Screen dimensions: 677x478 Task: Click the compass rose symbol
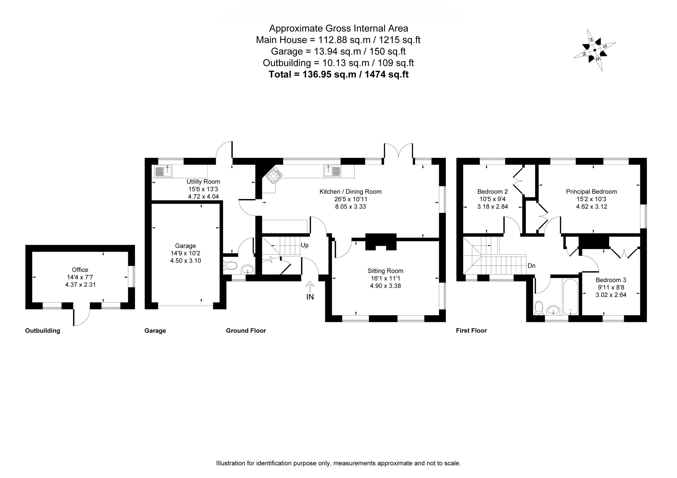[x=594, y=50]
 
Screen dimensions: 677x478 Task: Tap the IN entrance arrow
[x=310, y=287]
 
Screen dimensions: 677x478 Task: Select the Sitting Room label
[x=385, y=271]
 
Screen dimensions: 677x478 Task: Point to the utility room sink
[x=163, y=171]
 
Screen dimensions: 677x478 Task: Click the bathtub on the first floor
[x=570, y=297]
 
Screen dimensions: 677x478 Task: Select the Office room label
[x=80, y=270]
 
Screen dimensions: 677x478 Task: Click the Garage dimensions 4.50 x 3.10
[x=185, y=261]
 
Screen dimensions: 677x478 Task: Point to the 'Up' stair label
[x=305, y=245]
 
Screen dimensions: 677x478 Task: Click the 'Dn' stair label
[x=531, y=266]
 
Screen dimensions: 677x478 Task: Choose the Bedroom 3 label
[x=611, y=280]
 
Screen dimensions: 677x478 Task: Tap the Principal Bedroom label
[x=591, y=192]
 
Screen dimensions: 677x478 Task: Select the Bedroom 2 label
[x=492, y=192]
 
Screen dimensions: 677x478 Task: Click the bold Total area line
[x=338, y=74]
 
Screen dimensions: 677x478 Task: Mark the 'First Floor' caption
[x=471, y=331]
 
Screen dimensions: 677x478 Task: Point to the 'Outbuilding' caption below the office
[x=43, y=331]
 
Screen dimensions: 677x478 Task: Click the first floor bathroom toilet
[x=539, y=308]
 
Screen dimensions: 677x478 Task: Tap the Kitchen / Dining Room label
[x=350, y=192]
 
